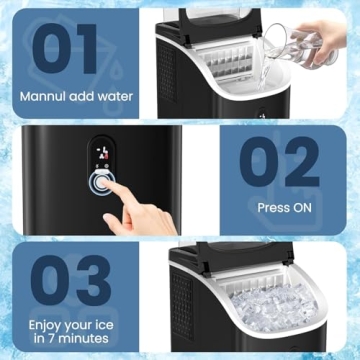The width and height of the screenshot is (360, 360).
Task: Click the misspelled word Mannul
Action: [47, 98]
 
